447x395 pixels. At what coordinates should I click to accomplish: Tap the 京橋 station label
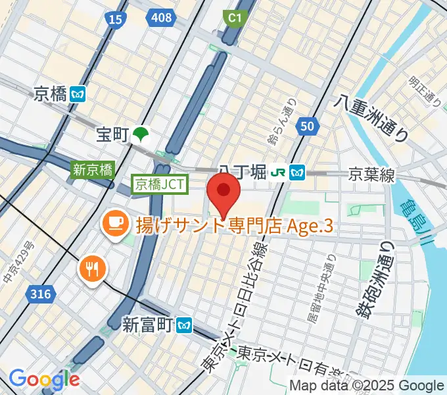pos(50,94)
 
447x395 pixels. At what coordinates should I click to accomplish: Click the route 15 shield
pos(115,20)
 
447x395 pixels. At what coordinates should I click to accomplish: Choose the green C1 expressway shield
pos(233,19)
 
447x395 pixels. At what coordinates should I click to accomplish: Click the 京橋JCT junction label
pos(160,184)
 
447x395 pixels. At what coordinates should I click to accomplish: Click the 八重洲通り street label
pos(371,118)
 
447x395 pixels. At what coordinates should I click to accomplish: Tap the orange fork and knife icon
pos(91,268)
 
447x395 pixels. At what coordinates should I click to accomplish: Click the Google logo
pos(44,379)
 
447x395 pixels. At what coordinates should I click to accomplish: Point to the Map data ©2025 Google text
pos(367,385)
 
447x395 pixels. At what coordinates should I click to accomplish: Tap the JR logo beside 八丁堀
pos(279,172)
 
